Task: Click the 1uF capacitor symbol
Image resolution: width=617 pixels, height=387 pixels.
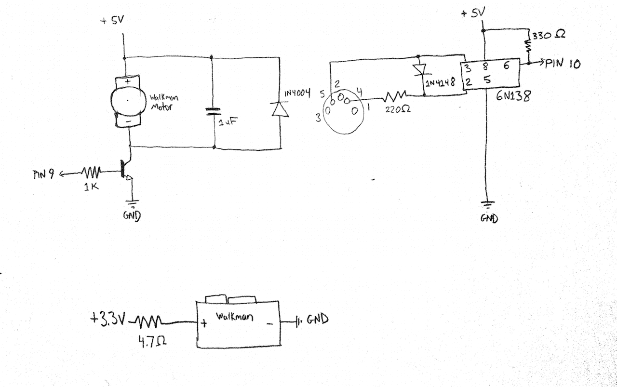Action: point(213,111)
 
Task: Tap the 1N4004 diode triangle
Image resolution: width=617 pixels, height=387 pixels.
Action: point(281,109)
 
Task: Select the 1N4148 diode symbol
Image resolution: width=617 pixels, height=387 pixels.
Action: point(420,70)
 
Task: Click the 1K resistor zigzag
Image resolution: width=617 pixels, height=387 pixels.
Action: point(91,172)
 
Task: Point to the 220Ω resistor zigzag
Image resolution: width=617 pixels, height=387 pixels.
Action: point(394,96)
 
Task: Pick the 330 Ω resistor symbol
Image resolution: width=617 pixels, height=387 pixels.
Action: point(529,46)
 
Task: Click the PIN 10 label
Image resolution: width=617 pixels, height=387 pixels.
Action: point(563,64)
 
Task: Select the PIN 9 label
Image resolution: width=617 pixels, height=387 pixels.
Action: point(43,174)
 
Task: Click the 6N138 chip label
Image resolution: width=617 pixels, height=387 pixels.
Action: point(513,96)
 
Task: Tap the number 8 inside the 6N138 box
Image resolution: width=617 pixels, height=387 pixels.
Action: point(485,66)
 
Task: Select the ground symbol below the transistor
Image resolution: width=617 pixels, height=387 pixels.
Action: point(133,203)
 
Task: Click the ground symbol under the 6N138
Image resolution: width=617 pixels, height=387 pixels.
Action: point(487,205)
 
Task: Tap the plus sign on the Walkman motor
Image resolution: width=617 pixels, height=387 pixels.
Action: point(128,81)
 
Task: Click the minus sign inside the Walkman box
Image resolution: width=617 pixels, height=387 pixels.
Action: point(270,324)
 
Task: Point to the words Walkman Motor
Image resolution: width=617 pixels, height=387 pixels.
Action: point(164,102)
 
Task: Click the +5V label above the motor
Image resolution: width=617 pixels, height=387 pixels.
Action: point(112,20)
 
